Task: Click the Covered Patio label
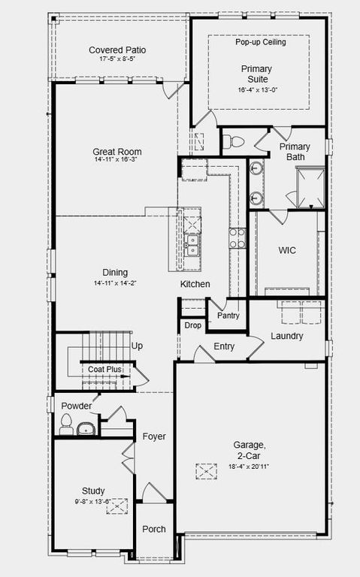tap(117, 50)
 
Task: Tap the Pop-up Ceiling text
tap(260, 42)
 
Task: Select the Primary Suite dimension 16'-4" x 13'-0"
tap(256, 89)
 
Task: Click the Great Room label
tap(117, 152)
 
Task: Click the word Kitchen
tap(195, 284)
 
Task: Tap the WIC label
tap(287, 250)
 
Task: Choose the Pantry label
tap(228, 316)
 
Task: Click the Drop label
tap(192, 325)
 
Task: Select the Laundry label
tap(286, 336)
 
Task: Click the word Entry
tap(224, 346)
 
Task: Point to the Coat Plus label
tap(104, 369)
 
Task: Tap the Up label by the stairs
tap(138, 346)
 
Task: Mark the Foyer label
tap(154, 437)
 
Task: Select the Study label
tap(93, 491)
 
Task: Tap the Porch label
tap(154, 530)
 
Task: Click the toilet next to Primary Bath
tap(234, 141)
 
